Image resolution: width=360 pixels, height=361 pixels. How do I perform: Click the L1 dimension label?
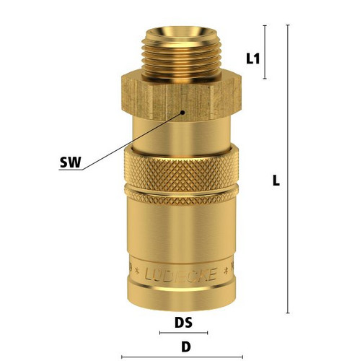pyautogui.click(x=253, y=58)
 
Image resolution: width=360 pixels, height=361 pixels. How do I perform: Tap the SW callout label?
pyautogui.click(x=71, y=162)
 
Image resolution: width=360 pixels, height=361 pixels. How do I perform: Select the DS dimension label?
pyautogui.click(x=183, y=323)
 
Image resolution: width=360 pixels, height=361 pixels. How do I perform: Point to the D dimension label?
pyautogui.click(x=185, y=347)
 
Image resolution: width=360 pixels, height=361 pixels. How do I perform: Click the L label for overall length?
pyautogui.click(x=276, y=180)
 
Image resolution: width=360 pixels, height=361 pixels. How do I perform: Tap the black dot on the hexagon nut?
pyautogui.click(x=183, y=112)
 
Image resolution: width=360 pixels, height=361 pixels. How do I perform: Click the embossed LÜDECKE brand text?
pyautogui.click(x=181, y=274)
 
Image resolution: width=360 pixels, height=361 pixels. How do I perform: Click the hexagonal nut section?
pyautogui.click(x=181, y=95)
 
